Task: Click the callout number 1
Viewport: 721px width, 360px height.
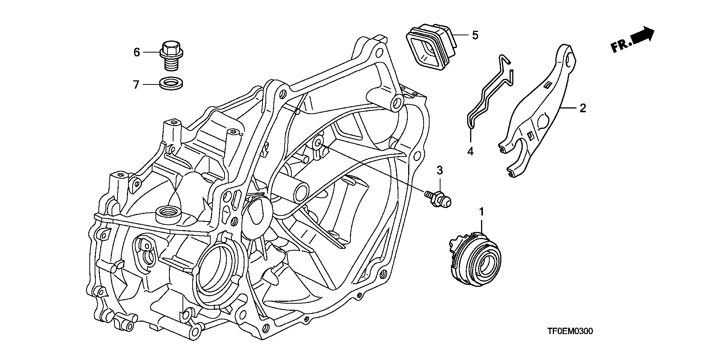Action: coord(481,212)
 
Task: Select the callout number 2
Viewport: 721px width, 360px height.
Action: coord(582,108)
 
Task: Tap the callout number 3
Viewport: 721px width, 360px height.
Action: coord(440,171)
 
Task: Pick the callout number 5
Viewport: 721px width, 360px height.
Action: coord(475,35)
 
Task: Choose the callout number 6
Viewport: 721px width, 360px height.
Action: coord(137,52)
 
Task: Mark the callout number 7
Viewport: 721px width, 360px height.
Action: coord(136,84)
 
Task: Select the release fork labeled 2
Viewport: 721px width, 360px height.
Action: coord(537,113)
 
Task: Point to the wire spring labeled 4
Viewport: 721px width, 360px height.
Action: coord(488,94)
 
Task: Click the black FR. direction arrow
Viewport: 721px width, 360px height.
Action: coord(643,36)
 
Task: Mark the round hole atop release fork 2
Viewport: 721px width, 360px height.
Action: coord(569,60)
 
